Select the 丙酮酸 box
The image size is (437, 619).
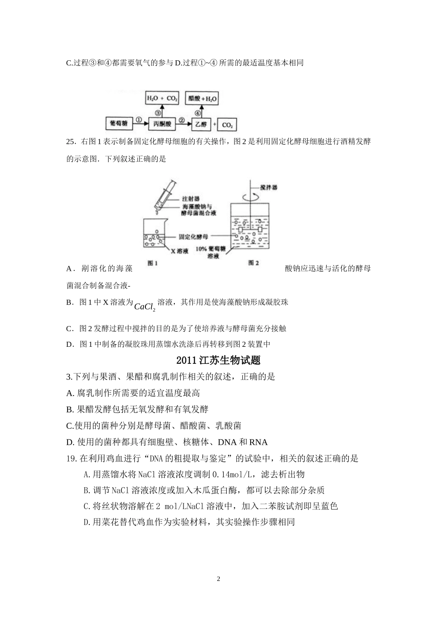click(162, 124)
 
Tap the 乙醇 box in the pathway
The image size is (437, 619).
click(201, 124)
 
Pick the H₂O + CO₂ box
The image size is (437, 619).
click(162, 99)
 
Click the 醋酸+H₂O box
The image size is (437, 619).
click(202, 99)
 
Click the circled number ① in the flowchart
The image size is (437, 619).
click(138, 121)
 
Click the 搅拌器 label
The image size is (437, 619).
click(269, 187)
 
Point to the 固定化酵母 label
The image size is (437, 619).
click(193, 236)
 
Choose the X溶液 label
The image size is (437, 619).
click(180, 251)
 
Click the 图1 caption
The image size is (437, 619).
click(153, 263)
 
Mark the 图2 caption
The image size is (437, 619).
click(253, 263)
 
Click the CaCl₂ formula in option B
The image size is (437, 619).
click(145, 306)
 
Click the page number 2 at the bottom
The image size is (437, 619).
click(218, 579)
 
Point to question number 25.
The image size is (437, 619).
click(71, 142)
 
